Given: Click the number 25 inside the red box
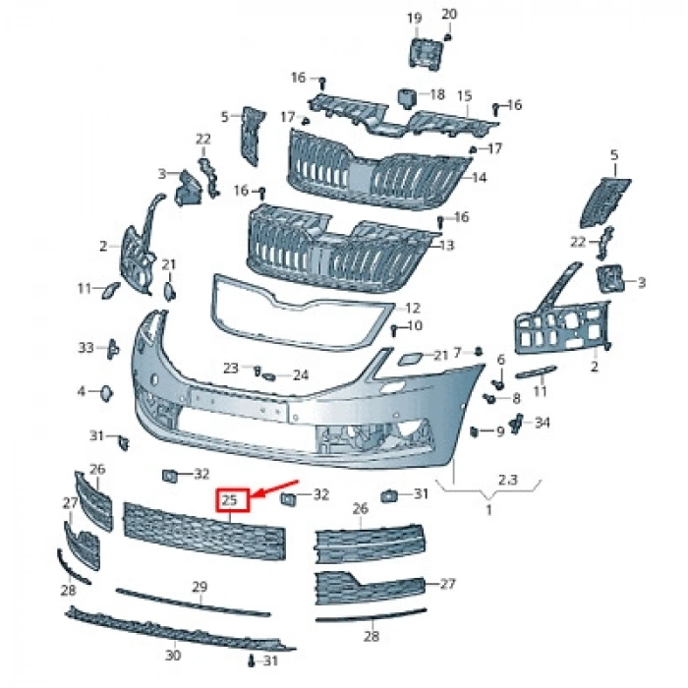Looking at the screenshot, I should pyautogui.click(x=231, y=500).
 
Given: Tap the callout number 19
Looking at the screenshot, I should pyautogui.click(x=414, y=19).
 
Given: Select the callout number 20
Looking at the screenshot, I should pyautogui.click(x=449, y=14).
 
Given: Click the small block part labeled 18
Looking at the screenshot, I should pyautogui.click(x=404, y=95).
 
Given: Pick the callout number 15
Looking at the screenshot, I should pyautogui.click(x=464, y=95).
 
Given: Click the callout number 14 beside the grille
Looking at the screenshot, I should pyautogui.click(x=480, y=178).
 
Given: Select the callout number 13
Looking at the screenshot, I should pyautogui.click(x=448, y=245).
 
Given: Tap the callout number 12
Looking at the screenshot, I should pyautogui.click(x=413, y=308).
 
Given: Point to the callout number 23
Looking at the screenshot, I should pyautogui.click(x=231, y=368).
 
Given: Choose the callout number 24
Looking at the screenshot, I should pyautogui.click(x=300, y=374).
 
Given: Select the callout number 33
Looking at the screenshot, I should pyautogui.click(x=86, y=348).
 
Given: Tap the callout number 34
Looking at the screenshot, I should pyautogui.click(x=543, y=423).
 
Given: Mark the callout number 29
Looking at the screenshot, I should pyautogui.click(x=200, y=587).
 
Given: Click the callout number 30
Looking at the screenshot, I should pyautogui.click(x=173, y=656).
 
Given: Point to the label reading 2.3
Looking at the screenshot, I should pyautogui.click(x=508, y=481).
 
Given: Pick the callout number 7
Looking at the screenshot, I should pyautogui.click(x=457, y=353).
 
